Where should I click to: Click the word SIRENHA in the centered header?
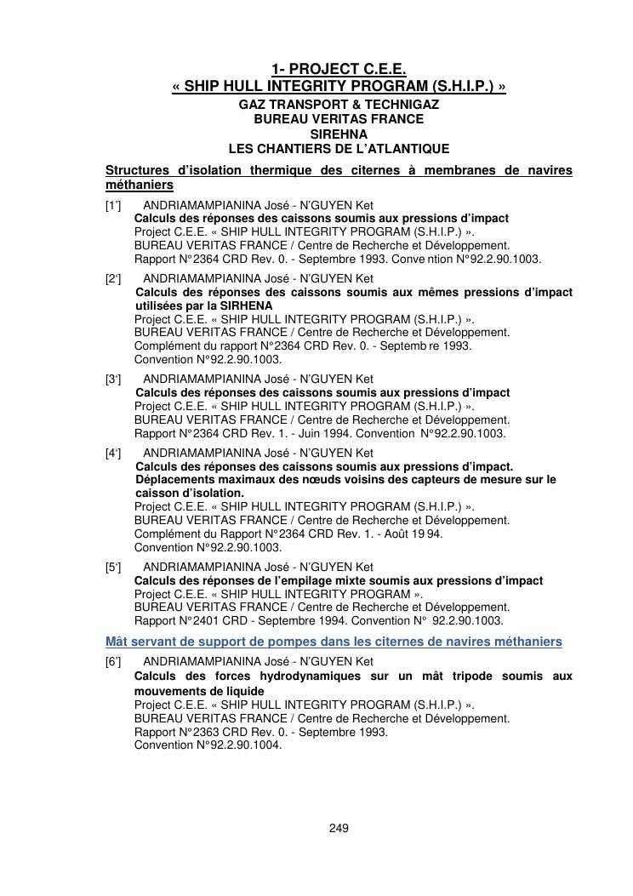pyautogui.click(x=339, y=134)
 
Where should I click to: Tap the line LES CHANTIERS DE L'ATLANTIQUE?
pyautogui.click(x=339, y=148)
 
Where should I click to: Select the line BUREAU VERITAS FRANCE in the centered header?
pyautogui.click(x=339, y=119)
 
